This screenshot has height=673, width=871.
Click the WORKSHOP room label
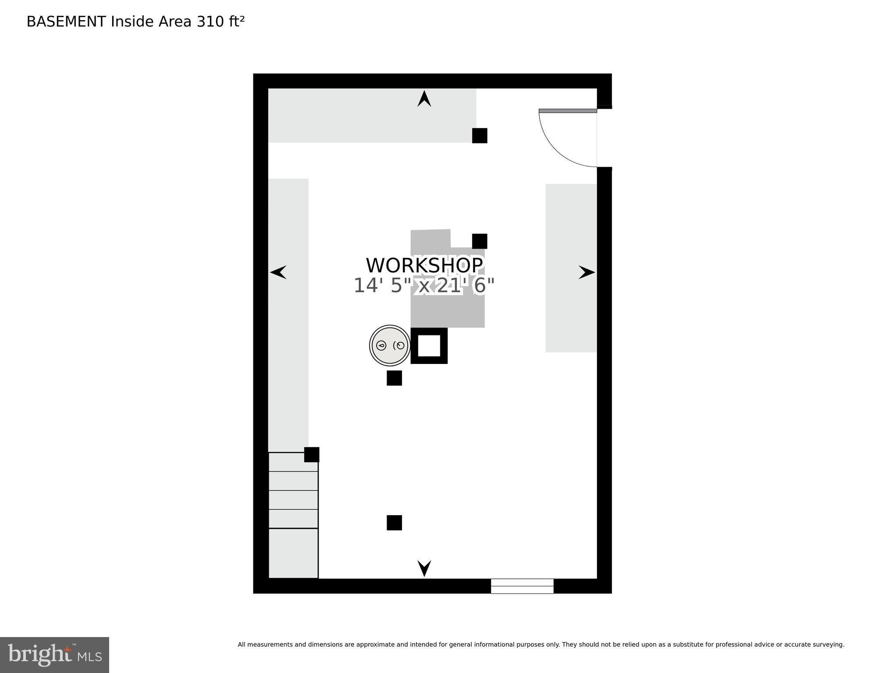click(x=424, y=265)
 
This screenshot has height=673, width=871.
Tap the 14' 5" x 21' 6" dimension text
click(x=424, y=286)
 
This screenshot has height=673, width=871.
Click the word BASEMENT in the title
click(x=66, y=21)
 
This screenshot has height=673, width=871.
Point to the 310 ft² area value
click(x=220, y=21)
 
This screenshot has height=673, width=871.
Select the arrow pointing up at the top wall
click(x=424, y=99)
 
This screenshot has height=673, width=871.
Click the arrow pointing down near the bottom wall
click(x=424, y=568)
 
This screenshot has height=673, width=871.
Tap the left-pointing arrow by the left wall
click(x=278, y=272)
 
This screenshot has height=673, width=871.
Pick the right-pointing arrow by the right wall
click(x=587, y=272)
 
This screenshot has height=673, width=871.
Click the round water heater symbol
click(x=390, y=345)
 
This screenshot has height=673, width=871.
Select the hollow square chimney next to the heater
click(x=414, y=346)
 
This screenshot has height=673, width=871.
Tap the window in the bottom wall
click(x=522, y=586)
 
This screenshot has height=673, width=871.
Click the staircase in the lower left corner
click(x=293, y=515)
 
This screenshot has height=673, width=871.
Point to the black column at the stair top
click(x=312, y=455)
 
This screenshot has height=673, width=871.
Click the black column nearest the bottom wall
click(x=395, y=523)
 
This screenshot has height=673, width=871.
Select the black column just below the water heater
click(x=395, y=378)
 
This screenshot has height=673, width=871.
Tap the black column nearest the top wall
click(x=480, y=135)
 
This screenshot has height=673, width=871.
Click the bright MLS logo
click(x=54, y=655)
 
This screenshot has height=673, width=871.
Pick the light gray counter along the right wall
click(x=571, y=268)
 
